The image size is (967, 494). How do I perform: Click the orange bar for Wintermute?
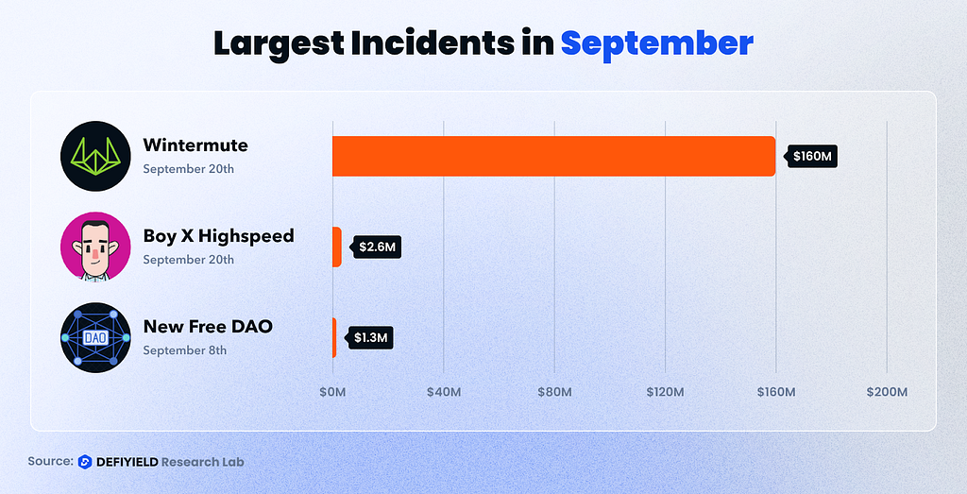[x=553, y=156]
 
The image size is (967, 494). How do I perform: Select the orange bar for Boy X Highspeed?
[x=336, y=247]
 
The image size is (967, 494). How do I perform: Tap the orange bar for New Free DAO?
[x=333, y=337]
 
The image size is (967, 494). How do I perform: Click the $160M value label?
[x=813, y=156]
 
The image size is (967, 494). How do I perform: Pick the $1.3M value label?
[x=370, y=337]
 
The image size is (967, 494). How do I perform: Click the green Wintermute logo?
[x=94, y=156]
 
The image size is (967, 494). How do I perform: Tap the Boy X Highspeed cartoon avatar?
[x=94, y=247]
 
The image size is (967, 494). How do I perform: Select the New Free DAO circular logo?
[x=94, y=337]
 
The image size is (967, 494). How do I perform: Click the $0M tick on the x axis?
[x=332, y=392]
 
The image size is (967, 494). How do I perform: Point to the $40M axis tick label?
[x=443, y=392]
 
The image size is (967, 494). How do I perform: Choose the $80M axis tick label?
[x=554, y=392]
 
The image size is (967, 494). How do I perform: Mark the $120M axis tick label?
[x=665, y=392]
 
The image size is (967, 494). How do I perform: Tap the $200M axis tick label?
[x=887, y=392]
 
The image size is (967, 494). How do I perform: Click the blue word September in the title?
[x=656, y=43]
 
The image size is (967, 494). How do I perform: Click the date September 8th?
[x=185, y=350]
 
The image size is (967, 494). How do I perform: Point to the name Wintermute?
[x=195, y=145]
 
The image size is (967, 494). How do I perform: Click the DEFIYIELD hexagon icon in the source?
[x=85, y=462]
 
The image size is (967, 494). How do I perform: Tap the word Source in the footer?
[x=50, y=462]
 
